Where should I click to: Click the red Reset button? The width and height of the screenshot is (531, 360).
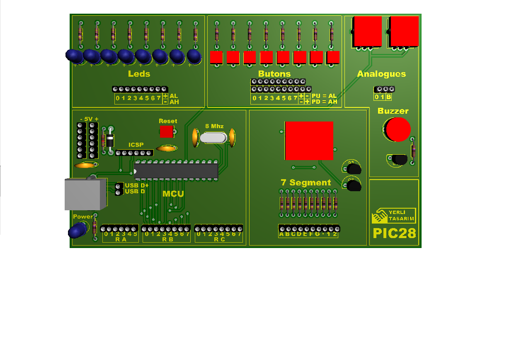click(x=166, y=131)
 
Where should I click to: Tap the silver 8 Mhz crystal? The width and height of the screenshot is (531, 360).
click(x=213, y=138)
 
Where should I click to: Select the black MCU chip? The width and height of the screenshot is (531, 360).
click(x=176, y=171)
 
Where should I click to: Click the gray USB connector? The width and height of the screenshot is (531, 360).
click(x=85, y=194)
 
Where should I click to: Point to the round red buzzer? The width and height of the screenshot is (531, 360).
click(x=398, y=129)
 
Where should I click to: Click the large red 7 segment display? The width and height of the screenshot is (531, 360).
click(x=309, y=141)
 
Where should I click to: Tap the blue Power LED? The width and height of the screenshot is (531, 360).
click(x=77, y=230)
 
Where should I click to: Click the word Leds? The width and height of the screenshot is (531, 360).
click(x=139, y=74)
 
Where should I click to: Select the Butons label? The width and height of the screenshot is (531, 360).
click(x=274, y=74)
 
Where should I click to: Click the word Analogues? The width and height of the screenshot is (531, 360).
click(x=381, y=74)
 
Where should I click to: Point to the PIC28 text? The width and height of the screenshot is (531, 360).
click(x=395, y=234)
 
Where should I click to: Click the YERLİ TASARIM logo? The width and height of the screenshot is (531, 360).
click(x=394, y=215)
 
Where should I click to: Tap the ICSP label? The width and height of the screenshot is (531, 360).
click(x=136, y=145)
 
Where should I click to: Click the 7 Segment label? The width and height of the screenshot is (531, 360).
click(x=306, y=182)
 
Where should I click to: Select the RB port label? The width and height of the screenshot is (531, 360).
click(x=168, y=240)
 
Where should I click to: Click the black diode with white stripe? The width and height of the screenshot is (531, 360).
click(x=110, y=141)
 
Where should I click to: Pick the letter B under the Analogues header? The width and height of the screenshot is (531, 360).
click(x=388, y=97)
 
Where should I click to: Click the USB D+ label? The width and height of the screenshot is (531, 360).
click(x=136, y=185)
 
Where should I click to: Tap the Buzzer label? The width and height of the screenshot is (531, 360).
click(x=393, y=111)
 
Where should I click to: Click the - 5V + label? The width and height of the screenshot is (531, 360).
click(x=89, y=119)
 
